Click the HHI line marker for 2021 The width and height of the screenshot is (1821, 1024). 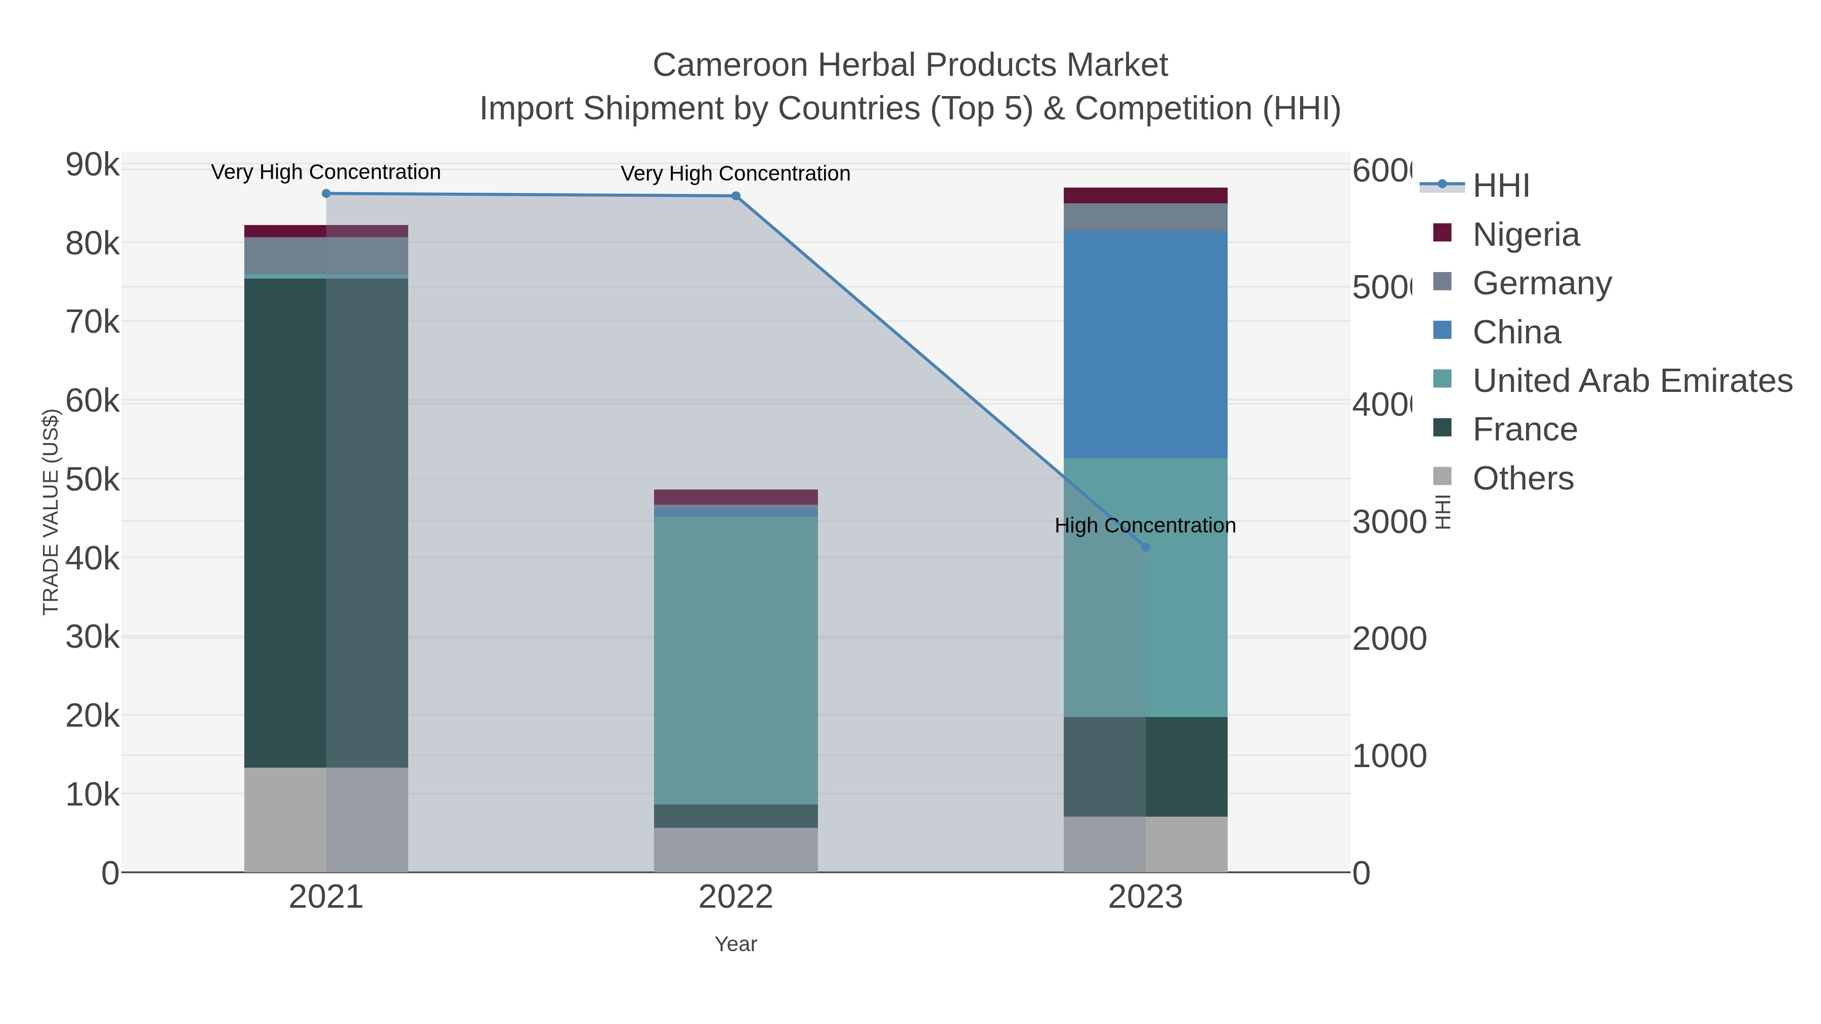[326, 194]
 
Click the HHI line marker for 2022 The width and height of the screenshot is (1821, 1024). [736, 196]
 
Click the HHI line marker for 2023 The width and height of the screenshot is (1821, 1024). [1146, 547]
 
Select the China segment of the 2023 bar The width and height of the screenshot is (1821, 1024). [1145, 344]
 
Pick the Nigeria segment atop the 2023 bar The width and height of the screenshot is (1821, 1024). [1145, 195]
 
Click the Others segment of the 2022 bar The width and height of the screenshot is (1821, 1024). [736, 850]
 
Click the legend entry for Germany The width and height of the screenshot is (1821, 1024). [1541, 283]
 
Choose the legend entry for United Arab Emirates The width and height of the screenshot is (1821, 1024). [1631, 381]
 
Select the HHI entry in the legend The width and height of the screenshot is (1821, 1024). [1501, 186]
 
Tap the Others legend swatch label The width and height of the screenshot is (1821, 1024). [1523, 478]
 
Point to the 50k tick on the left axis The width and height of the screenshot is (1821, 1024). [93, 480]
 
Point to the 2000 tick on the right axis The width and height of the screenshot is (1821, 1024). [1389, 639]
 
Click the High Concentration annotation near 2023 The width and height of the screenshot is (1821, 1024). [1145, 526]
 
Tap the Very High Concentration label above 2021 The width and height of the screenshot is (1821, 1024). [326, 172]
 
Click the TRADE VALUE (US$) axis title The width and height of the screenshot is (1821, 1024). [51, 512]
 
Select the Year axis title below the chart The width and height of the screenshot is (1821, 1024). [736, 944]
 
